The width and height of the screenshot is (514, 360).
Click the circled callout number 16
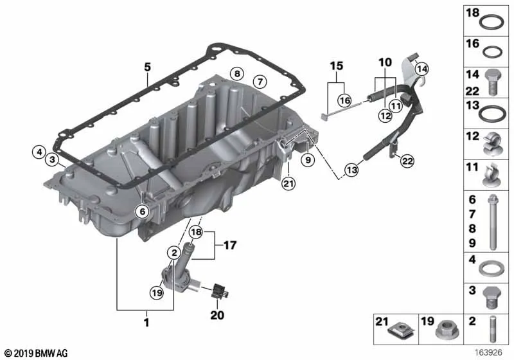pos(344,100)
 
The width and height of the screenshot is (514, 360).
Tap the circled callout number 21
pos(288,184)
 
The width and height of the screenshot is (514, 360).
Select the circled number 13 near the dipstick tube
pos(351,170)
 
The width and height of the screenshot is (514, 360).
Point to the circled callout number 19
pos(157,292)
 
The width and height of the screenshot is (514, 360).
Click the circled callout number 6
pos(142,212)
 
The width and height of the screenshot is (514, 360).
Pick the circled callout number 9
pos(308,160)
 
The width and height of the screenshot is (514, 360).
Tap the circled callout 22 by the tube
pos(407,161)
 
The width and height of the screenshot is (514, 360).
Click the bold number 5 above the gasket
pos(148,67)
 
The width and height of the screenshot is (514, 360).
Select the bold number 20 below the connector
pos(217,315)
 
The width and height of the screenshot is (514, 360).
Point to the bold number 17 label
pos(230,245)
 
